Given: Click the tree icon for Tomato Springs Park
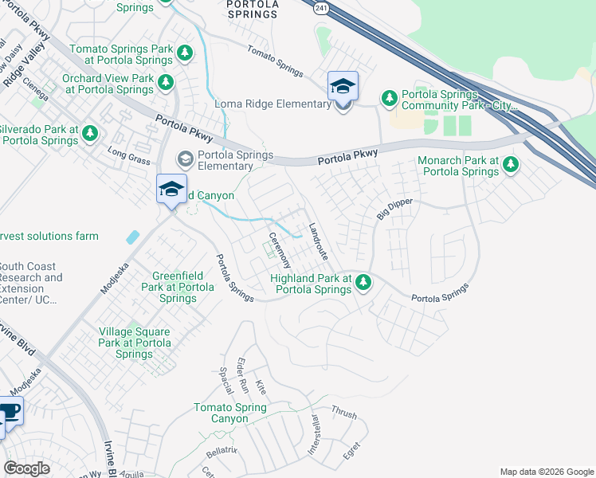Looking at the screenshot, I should click(185, 53).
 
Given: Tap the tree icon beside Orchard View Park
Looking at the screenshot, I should click(166, 82).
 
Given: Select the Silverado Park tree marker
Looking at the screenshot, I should click(90, 132).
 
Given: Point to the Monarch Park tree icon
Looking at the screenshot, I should click(511, 165).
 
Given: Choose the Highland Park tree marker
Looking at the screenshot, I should click(363, 282).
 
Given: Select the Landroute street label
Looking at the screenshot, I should click(318, 241).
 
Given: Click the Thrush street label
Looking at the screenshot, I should click(343, 414).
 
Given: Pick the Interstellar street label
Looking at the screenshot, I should click(314, 433).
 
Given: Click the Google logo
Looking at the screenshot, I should click(26, 468).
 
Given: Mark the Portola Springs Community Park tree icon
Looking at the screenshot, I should click(390, 99).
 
